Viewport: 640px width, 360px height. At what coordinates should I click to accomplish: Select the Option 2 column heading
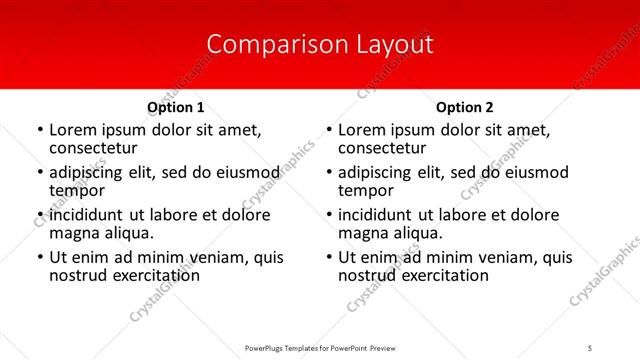click(x=465, y=107)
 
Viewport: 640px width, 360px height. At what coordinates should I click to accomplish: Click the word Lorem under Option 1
click(x=76, y=130)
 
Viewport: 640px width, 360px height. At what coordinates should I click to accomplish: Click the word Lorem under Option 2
click(x=365, y=130)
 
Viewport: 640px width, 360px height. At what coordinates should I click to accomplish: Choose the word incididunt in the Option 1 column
click(x=92, y=215)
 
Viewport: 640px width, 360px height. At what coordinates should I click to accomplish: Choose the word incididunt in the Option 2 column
click(x=381, y=215)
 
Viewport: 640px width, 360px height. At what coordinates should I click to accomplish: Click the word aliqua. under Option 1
click(x=128, y=233)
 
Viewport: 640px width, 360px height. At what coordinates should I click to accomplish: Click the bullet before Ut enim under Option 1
click(x=39, y=258)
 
